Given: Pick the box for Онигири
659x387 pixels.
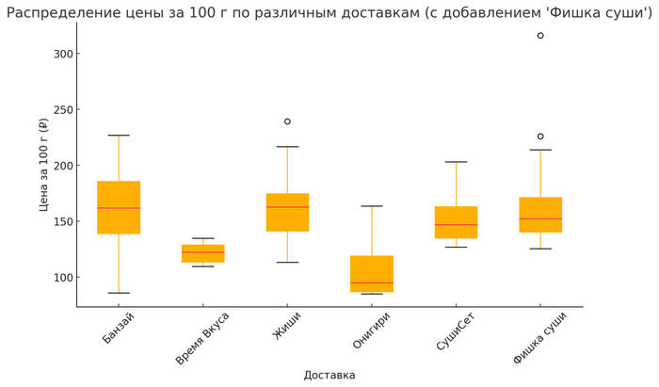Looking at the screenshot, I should tap(372, 273).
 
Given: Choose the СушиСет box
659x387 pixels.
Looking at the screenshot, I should tap(456, 222).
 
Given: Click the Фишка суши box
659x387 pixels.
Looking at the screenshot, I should tap(540, 215).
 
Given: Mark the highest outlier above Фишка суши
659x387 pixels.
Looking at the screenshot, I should tap(540, 36).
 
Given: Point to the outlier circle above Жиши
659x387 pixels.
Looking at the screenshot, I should tap(287, 121).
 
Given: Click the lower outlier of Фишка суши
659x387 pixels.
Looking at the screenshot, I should tap(540, 137).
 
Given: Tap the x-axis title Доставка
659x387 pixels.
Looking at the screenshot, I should tap(329, 375).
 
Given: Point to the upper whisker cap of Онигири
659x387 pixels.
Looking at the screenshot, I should tap(372, 206).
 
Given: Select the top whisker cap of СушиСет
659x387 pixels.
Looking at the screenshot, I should tap(456, 162).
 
